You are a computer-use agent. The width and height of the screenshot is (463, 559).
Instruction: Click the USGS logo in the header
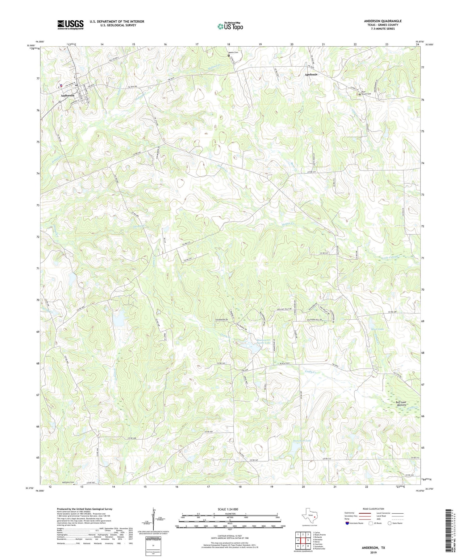(70, 25)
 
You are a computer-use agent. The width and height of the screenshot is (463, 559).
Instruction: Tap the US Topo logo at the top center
(230, 27)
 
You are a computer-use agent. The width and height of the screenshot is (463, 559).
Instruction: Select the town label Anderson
(67, 96)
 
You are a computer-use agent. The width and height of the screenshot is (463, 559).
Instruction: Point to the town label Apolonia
(311, 75)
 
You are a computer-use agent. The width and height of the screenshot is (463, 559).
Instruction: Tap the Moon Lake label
(377, 329)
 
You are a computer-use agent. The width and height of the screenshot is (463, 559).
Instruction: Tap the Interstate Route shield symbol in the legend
(348, 523)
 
